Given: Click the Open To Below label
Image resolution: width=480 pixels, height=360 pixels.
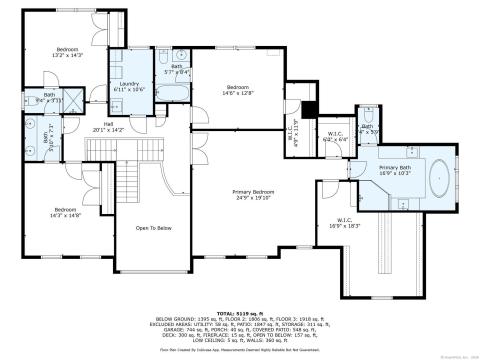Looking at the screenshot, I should pos(152,228).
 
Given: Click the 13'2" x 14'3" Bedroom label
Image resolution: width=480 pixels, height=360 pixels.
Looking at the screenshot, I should pos(68,53).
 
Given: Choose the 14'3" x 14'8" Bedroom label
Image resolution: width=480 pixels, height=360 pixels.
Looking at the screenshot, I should pos(66,211).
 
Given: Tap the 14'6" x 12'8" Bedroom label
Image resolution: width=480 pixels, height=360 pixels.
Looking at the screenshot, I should pos(237,91).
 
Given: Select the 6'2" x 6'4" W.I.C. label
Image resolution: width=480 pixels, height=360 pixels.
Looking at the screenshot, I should pos(334,137).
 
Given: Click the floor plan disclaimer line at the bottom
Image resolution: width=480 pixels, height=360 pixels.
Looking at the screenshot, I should pos(239,351).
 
